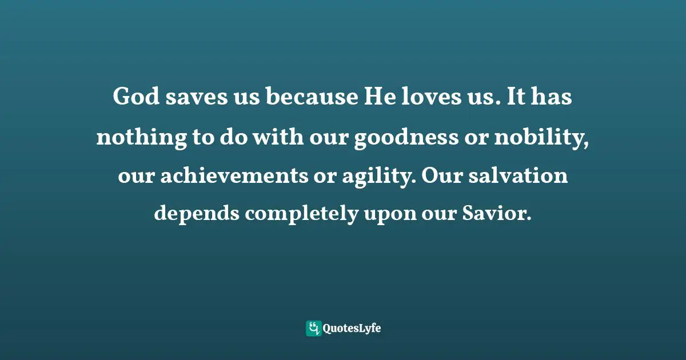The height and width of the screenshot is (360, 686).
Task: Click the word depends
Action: point(196,215)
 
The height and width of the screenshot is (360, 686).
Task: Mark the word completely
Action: point(301,215)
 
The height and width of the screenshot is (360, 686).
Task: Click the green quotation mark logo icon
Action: point(313,329)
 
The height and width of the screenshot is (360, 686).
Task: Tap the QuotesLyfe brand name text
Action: point(352,329)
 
